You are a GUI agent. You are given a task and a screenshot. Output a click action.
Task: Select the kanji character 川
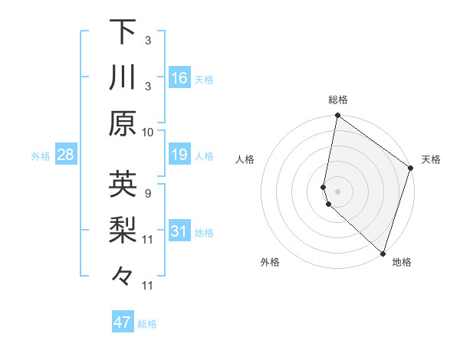coord(123,77)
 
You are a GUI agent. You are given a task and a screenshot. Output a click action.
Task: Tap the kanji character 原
coord(123,123)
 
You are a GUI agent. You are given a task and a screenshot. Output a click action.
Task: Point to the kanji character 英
coord(123,185)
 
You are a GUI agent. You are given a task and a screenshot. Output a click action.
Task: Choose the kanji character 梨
coord(123,230)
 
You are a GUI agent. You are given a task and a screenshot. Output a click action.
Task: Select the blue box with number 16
coord(179,77)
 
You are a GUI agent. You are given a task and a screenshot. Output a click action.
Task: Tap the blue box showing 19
coord(179,155)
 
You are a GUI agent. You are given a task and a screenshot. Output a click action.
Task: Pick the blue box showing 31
coord(179,231)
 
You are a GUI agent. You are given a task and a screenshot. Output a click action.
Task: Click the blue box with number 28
coord(66,155)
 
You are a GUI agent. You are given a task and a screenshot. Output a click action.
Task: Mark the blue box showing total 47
coord(123,322)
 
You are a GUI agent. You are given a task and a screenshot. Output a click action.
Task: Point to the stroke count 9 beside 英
coord(147,193)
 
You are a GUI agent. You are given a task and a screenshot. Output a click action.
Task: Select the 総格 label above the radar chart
coord(338,100)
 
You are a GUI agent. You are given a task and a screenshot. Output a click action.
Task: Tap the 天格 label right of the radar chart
coord(431,159)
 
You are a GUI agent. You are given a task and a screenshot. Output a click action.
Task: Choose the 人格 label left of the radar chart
coord(245,159)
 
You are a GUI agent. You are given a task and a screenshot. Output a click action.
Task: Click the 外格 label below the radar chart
coord(270,263)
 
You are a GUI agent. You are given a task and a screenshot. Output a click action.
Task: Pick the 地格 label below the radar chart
coord(402,263)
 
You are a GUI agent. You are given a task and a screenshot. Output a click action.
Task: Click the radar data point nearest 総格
coord(337,116)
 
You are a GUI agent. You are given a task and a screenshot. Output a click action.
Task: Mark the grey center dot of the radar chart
coord(337,191)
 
